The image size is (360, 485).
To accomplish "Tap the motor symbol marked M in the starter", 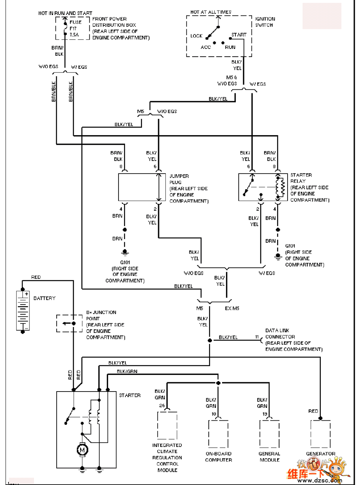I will click(x=83, y=449).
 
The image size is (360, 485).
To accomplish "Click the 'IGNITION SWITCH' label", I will click(x=265, y=22).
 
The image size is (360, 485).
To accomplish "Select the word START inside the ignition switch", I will click(x=239, y=35).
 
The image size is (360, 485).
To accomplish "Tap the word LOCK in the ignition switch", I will click(x=196, y=36).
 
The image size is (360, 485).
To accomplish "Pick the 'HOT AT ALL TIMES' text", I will click(x=211, y=12).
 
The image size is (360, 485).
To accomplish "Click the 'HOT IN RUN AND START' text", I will click(x=65, y=13).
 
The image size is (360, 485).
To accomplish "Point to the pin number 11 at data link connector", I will click(x=256, y=337).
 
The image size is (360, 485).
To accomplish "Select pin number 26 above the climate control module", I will click(x=162, y=405).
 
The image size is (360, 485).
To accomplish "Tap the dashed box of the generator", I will click(x=320, y=434).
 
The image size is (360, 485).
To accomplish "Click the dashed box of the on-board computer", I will click(x=218, y=434).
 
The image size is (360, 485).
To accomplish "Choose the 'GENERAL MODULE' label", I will click(x=269, y=457).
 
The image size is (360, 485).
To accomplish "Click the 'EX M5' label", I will click(x=232, y=308).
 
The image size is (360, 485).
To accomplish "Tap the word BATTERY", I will click(x=44, y=298).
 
